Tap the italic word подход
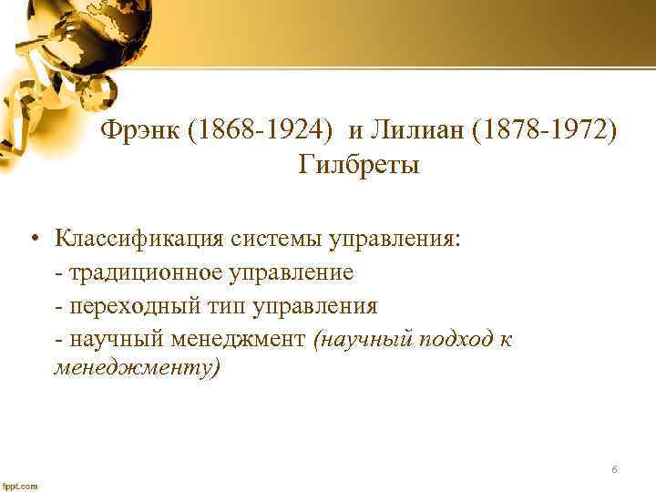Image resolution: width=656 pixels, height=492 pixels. [456, 338]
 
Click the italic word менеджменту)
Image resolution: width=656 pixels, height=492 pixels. [138, 370]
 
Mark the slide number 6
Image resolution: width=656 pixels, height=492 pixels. [615, 469]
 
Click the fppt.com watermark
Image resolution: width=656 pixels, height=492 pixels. [20, 486]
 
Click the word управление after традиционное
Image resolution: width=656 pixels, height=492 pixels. [291, 272]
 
